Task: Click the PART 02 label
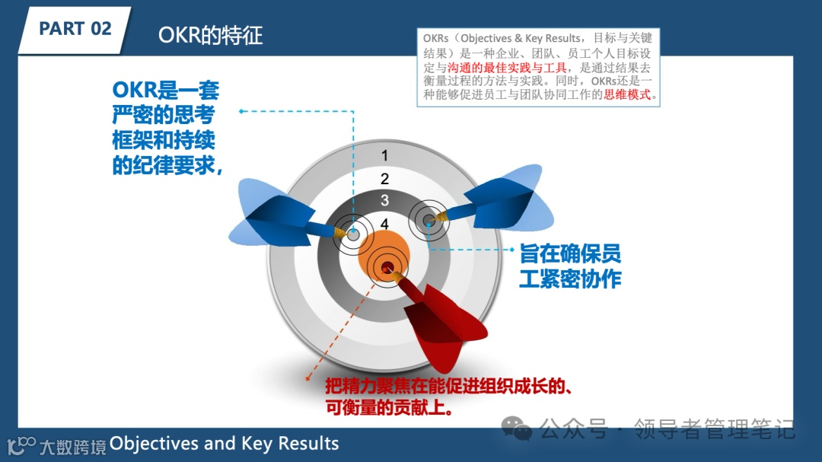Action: [75, 29]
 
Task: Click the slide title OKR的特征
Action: [211, 35]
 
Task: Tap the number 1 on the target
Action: [385, 156]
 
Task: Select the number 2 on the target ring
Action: [385, 179]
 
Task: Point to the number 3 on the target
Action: [385, 201]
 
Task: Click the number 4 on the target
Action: [385, 224]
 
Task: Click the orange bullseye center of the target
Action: [384, 256]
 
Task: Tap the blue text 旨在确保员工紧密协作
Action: [570, 266]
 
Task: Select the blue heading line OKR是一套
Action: [166, 91]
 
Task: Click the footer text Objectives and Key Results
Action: [225, 443]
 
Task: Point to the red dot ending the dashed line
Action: [307, 377]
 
